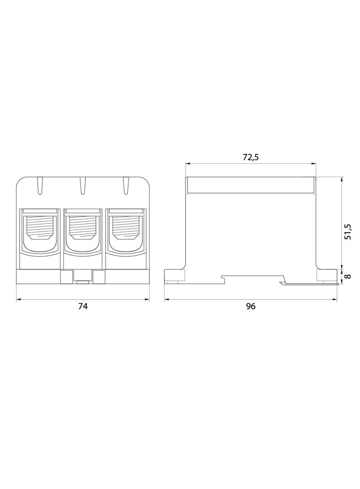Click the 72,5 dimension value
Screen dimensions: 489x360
251,157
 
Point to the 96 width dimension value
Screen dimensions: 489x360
250,306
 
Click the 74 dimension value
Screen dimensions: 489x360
83,306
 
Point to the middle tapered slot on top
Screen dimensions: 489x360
83,186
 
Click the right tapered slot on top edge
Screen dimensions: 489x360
125,186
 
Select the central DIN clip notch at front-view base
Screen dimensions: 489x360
83,277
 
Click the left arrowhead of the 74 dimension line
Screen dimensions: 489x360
19,300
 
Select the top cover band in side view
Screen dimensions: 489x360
251,185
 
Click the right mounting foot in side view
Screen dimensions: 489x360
326,276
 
